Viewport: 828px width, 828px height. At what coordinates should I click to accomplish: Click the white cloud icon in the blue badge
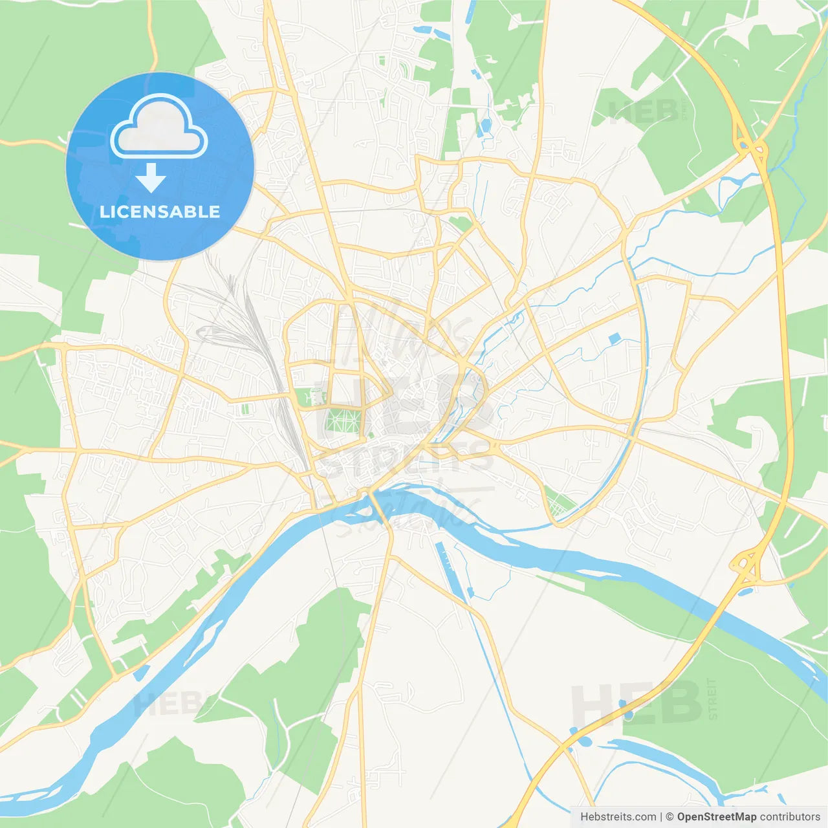pos(159,127)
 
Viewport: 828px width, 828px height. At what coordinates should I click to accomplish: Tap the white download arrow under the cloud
pos(151,177)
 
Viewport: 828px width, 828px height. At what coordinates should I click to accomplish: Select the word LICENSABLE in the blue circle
pos(160,212)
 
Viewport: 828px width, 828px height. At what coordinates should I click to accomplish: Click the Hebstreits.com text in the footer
pos(618,817)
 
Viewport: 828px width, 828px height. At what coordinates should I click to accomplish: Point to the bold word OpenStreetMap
pos(716,817)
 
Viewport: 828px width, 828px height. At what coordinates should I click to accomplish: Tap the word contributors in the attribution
pos(790,817)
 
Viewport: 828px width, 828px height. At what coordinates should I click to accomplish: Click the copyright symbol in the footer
pos(670,817)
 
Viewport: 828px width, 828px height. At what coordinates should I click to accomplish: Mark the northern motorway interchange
pos(750,146)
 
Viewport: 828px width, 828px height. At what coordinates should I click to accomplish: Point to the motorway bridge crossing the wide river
pos(723,608)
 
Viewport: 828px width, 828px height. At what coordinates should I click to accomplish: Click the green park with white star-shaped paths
pos(343,420)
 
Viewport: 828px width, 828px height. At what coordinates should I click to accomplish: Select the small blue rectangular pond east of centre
pos(614,338)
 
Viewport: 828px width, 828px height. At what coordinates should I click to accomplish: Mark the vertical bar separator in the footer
pos(660,817)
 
